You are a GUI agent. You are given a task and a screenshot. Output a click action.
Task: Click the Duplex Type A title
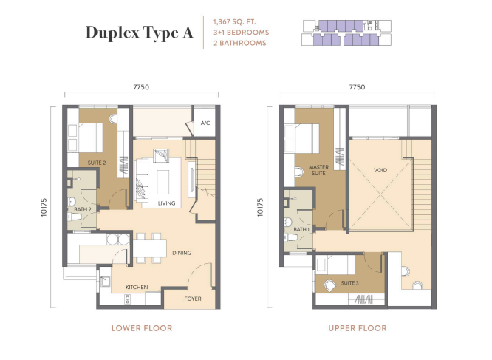[140, 33]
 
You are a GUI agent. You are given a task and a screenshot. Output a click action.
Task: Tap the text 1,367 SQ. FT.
[235, 22]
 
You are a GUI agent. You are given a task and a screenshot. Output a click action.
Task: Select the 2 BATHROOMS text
[240, 43]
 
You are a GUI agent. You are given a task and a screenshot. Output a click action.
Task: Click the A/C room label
[205, 123]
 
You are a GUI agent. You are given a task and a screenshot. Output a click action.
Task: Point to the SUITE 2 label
[97, 163]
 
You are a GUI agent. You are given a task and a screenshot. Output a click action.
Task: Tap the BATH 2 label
[83, 209]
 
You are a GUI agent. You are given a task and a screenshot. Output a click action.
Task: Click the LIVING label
[166, 203]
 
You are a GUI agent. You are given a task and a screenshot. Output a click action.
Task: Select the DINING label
[182, 253]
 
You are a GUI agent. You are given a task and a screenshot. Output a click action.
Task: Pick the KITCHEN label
[137, 287]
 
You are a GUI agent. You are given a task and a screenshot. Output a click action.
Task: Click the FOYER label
[193, 299]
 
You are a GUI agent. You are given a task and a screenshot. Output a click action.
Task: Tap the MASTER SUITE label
[318, 170]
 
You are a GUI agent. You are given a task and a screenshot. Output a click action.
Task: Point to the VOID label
[380, 170]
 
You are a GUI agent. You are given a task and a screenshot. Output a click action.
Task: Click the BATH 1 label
[301, 229]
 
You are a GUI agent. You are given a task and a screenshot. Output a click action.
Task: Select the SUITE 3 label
[349, 283]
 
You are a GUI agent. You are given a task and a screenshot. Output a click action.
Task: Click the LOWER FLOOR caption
[142, 328]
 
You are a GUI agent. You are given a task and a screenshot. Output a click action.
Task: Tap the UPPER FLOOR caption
[358, 328]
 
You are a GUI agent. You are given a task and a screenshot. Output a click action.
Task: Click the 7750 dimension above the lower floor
[141, 87]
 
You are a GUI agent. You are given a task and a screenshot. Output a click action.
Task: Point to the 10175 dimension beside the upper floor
[260, 207]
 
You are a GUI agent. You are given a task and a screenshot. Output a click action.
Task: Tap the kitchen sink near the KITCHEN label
[104, 282]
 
